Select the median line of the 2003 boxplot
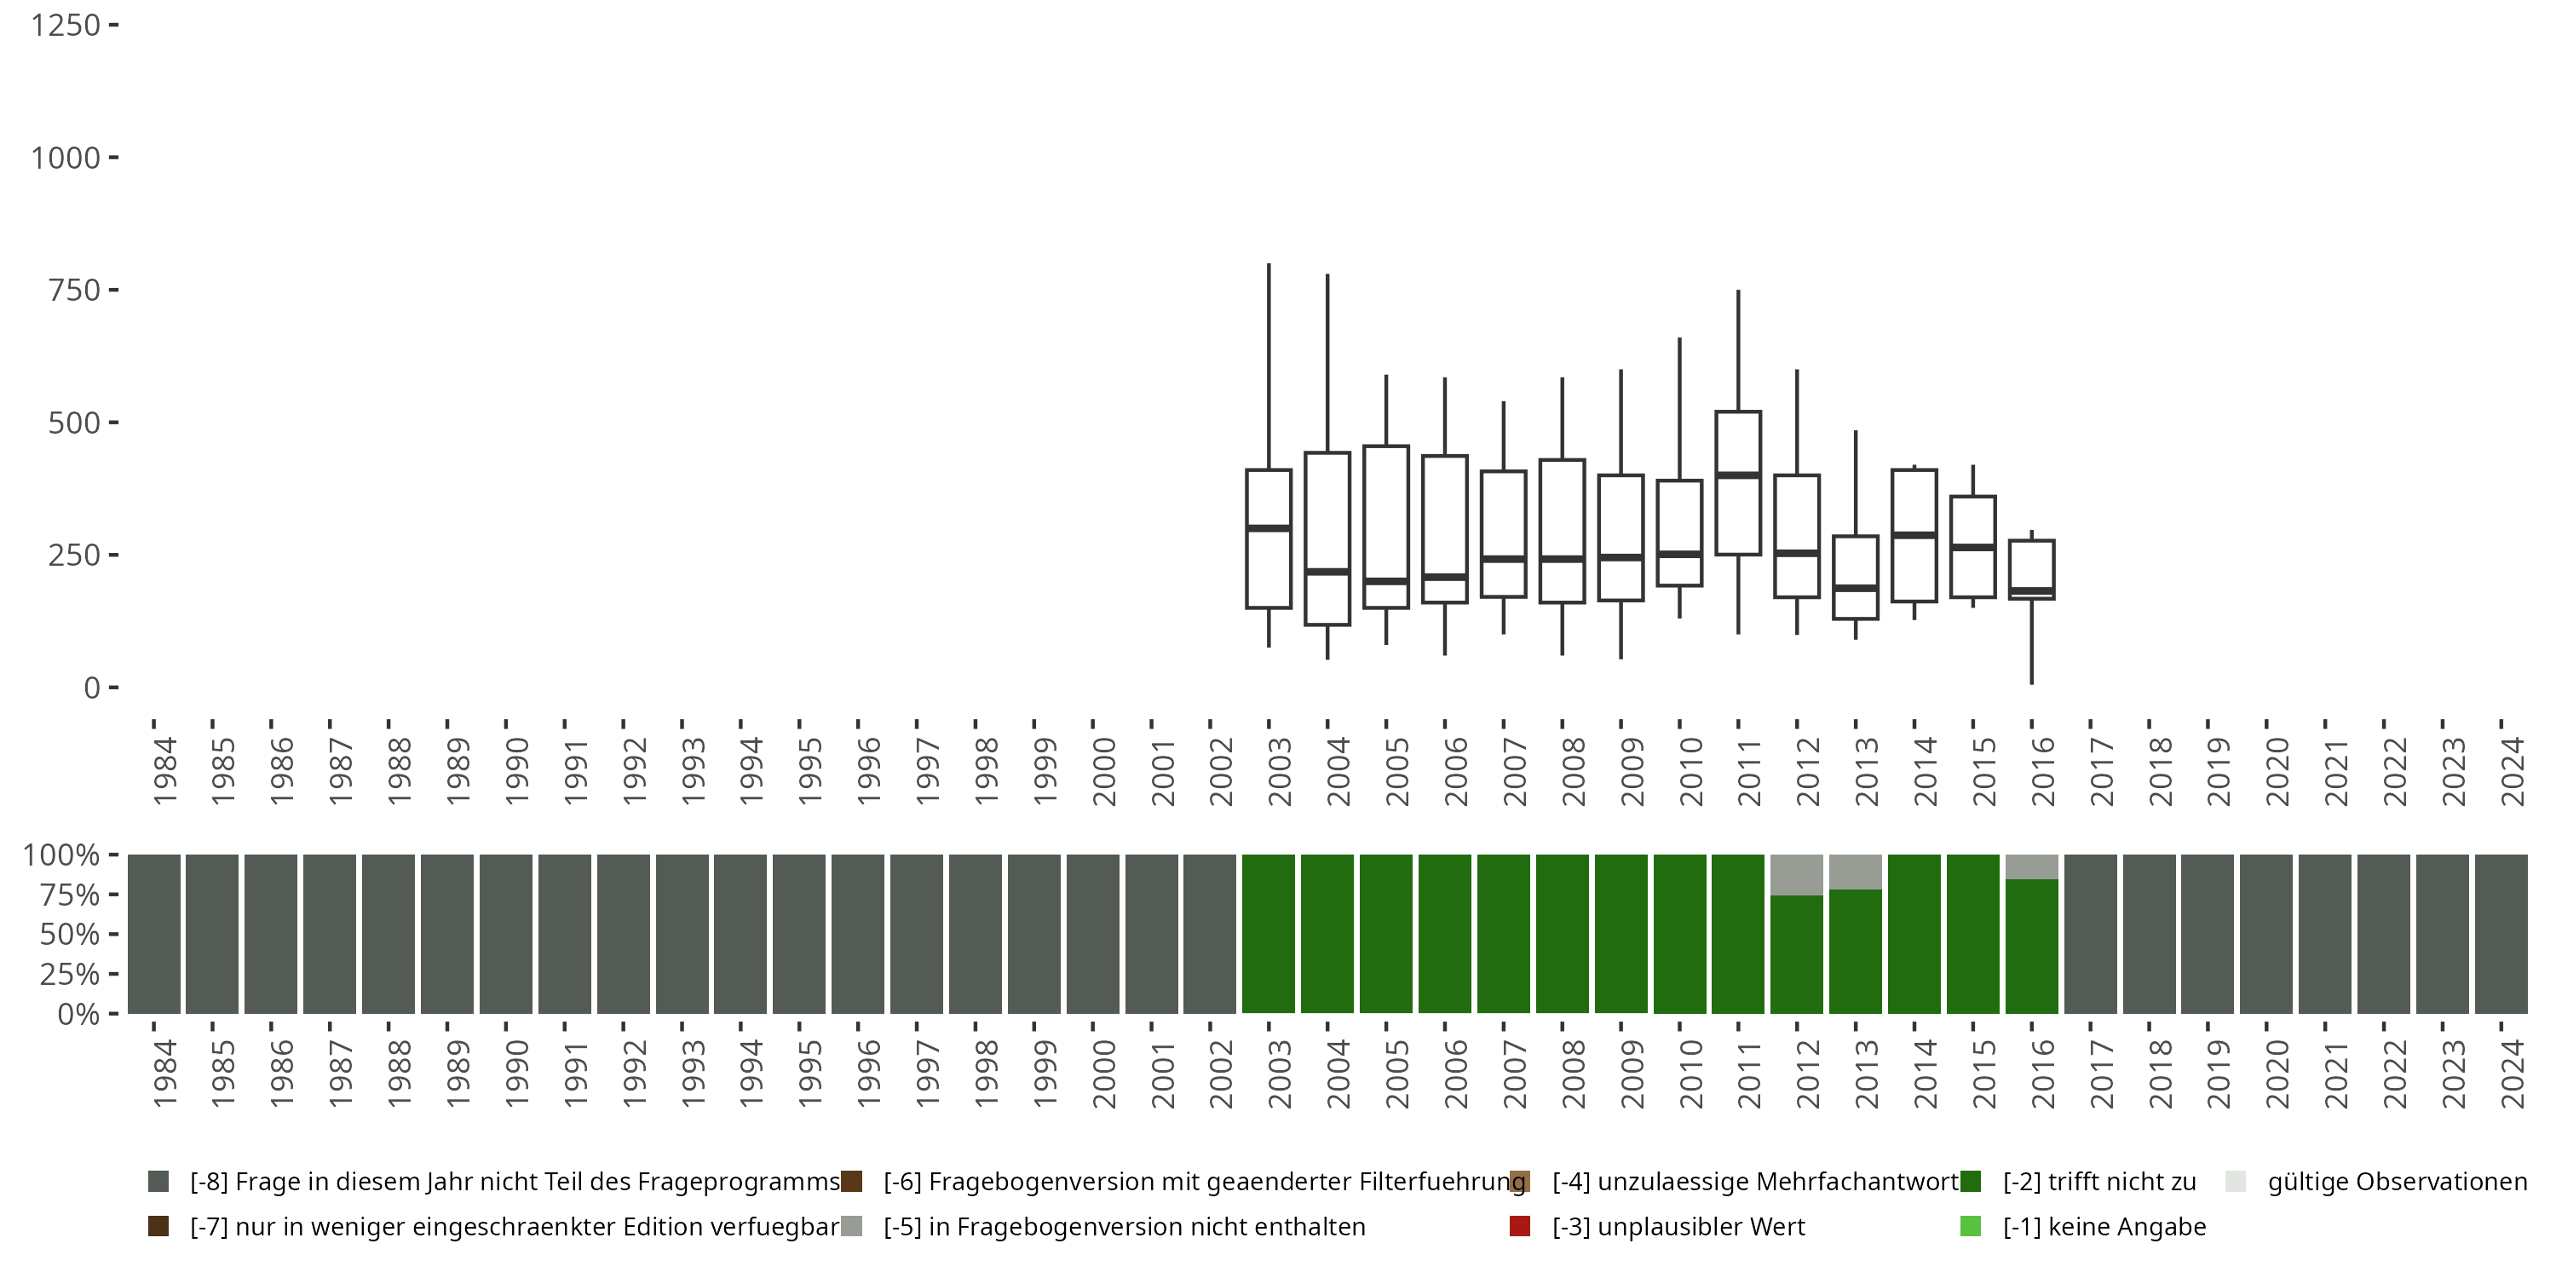1268,528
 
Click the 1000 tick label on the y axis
66,158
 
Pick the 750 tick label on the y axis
73,291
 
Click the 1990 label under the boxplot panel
517,771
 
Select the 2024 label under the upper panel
2513,771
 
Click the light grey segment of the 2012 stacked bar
1797,875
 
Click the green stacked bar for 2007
1503,934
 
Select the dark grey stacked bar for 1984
154,934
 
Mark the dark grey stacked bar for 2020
2266,934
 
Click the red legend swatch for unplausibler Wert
1519,1226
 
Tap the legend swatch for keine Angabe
1971,1226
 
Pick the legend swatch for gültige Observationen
2236,1182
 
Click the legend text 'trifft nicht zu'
2098,1182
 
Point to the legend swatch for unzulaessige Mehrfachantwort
1519,1182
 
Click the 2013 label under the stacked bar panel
1867,1074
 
